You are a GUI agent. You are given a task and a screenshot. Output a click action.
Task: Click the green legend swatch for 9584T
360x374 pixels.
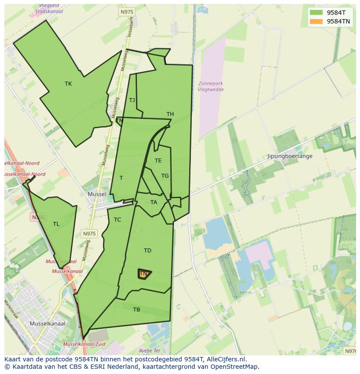click(x=316, y=13)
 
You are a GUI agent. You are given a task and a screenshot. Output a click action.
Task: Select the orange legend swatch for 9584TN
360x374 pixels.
click(x=316, y=21)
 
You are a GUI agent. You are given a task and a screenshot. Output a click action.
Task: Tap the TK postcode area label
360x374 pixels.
click(x=68, y=84)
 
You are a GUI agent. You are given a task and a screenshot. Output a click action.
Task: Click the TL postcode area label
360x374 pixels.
click(x=56, y=224)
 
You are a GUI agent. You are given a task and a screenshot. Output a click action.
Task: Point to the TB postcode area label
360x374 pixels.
click(x=137, y=310)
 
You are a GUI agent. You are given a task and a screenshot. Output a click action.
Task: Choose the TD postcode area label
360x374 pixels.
click(x=147, y=251)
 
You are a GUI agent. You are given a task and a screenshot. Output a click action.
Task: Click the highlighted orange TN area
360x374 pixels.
click(x=144, y=274)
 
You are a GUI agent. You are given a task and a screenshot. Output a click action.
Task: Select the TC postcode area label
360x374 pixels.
click(x=117, y=220)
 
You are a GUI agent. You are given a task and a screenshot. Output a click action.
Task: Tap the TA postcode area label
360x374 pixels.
click(x=153, y=202)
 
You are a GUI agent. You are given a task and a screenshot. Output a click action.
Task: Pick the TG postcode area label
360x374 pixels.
click(x=165, y=176)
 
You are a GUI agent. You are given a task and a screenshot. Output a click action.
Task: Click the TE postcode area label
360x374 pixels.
click(x=158, y=161)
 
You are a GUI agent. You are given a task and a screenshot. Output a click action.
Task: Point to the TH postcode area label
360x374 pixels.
click(x=170, y=114)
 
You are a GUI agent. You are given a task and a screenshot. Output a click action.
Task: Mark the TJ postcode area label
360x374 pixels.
click(x=132, y=100)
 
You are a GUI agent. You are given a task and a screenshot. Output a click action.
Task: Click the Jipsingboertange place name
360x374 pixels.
click(x=290, y=156)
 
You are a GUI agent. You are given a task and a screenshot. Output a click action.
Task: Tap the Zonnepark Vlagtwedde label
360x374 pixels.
click(x=211, y=86)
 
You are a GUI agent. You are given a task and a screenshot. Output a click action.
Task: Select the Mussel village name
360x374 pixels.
click(x=97, y=194)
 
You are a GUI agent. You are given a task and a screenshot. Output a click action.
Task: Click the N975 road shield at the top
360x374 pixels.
click(x=127, y=12)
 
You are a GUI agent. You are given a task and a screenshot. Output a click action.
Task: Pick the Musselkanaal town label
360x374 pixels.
click(x=47, y=324)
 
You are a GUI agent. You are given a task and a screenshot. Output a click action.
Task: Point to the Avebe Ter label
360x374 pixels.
click(x=150, y=351)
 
